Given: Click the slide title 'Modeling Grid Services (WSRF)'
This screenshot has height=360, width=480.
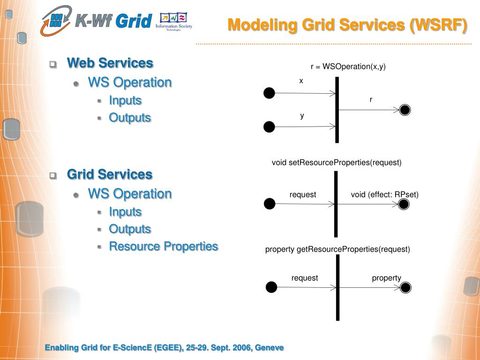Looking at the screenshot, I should [347, 24].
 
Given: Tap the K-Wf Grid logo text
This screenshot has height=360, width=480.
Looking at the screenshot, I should [114, 21].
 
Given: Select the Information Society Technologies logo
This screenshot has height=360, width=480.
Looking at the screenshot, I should [173, 22].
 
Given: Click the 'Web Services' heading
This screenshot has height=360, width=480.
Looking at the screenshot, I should [110, 63].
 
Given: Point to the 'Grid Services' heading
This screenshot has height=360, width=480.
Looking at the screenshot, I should [110, 174].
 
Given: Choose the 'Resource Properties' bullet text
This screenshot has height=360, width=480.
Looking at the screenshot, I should [163, 246].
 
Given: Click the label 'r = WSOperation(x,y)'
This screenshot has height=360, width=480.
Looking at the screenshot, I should [348, 67].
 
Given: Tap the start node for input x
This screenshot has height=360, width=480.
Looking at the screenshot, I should [269, 93].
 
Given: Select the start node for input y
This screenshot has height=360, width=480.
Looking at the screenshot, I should [269, 127].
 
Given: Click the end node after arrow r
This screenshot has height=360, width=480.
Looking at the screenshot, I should [405, 110].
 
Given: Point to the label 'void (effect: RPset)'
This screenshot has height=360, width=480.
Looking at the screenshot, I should [384, 195].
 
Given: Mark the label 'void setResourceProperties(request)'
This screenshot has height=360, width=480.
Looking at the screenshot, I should [337, 163].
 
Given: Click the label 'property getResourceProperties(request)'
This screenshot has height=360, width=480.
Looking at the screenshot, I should [337, 249].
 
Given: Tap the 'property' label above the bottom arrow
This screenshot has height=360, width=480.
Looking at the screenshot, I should [386, 278].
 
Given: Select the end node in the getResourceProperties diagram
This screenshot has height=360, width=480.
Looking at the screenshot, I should [405, 287].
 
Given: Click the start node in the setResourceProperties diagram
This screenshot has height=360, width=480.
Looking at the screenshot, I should [270, 204].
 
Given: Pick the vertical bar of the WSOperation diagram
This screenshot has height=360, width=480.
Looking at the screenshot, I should [337, 110].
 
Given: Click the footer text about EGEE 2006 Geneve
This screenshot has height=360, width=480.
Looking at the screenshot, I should [164, 347].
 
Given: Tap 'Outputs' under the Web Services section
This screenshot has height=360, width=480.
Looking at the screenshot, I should [130, 118].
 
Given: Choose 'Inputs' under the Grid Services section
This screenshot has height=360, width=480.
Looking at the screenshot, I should [125, 212].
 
